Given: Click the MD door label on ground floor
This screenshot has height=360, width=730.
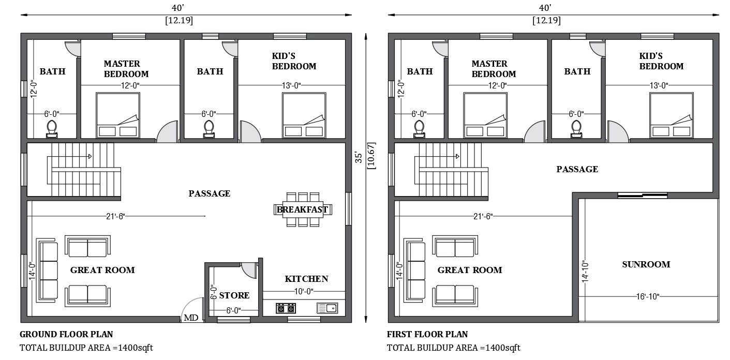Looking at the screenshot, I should pyautogui.click(x=189, y=318).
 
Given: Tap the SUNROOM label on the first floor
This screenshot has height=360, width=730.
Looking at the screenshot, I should pyautogui.click(x=646, y=264).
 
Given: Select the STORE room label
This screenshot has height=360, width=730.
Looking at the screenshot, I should pyautogui.click(x=234, y=295).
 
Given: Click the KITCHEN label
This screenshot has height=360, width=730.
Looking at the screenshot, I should pyautogui.click(x=306, y=279).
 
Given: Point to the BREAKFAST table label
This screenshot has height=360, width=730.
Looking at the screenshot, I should pyautogui.click(x=302, y=209).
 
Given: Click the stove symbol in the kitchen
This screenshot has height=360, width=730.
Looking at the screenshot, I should pyautogui.click(x=285, y=309).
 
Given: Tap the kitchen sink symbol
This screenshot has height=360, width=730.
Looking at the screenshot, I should pyautogui.click(x=327, y=308).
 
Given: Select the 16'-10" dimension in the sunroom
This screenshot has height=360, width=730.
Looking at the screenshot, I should pyautogui.click(x=647, y=296).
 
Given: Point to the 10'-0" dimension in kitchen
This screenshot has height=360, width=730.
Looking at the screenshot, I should pyautogui.click(x=304, y=291).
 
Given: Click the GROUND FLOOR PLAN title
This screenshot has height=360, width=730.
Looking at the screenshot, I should pyautogui.click(x=66, y=335).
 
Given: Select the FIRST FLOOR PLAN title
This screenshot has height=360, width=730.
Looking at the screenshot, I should pyautogui.click(x=427, y=335).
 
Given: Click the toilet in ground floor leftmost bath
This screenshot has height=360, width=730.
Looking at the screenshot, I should pyautogui.click(x=52, y=128).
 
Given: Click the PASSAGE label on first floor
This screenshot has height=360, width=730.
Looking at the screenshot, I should pyautogui.click(x=577, y=169).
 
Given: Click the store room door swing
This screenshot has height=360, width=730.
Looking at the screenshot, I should pyautogui.click(x=249, y=269).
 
